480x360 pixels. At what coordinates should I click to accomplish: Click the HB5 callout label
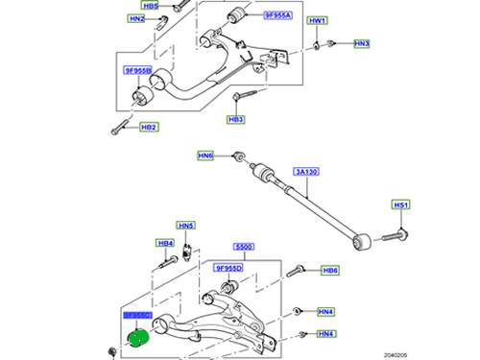137,5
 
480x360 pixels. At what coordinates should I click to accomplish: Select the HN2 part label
137,18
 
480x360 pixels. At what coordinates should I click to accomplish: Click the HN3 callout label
361,43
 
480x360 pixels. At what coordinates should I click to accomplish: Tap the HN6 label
205,156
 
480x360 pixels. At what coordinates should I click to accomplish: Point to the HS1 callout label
400,205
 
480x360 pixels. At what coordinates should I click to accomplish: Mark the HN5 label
185,226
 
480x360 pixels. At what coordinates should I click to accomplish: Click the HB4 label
165,243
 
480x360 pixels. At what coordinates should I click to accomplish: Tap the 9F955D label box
230,269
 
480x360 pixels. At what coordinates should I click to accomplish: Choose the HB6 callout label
329,271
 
